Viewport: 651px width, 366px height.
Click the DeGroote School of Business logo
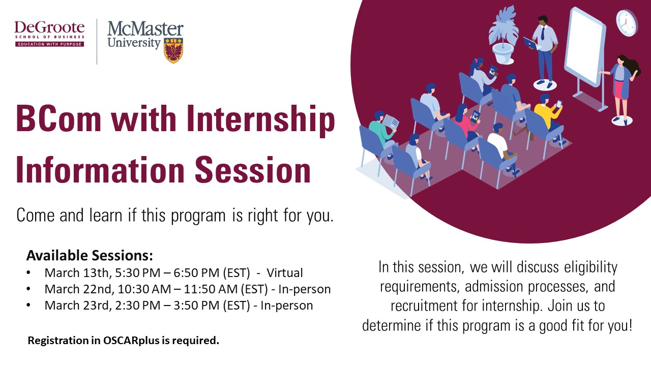click(x=49, y=34)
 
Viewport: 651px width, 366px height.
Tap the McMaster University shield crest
click(x=173, y=50)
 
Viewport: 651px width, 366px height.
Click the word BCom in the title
click(x=58, y=119)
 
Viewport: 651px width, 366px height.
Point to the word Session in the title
click(x=253, y=170)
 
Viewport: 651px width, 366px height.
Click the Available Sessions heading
click(x=90, y=255)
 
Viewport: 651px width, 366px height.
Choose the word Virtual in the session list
click(x=285, y=273)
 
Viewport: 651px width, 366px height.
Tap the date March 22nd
click(x=78, y=289)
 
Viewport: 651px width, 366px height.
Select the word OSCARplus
click(x=131, y=341)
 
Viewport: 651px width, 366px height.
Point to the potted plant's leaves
click(x=504, y=25)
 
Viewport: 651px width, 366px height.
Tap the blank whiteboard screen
click(x=584, y=46)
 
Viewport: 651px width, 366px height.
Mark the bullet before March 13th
click(x=28, y=273)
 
